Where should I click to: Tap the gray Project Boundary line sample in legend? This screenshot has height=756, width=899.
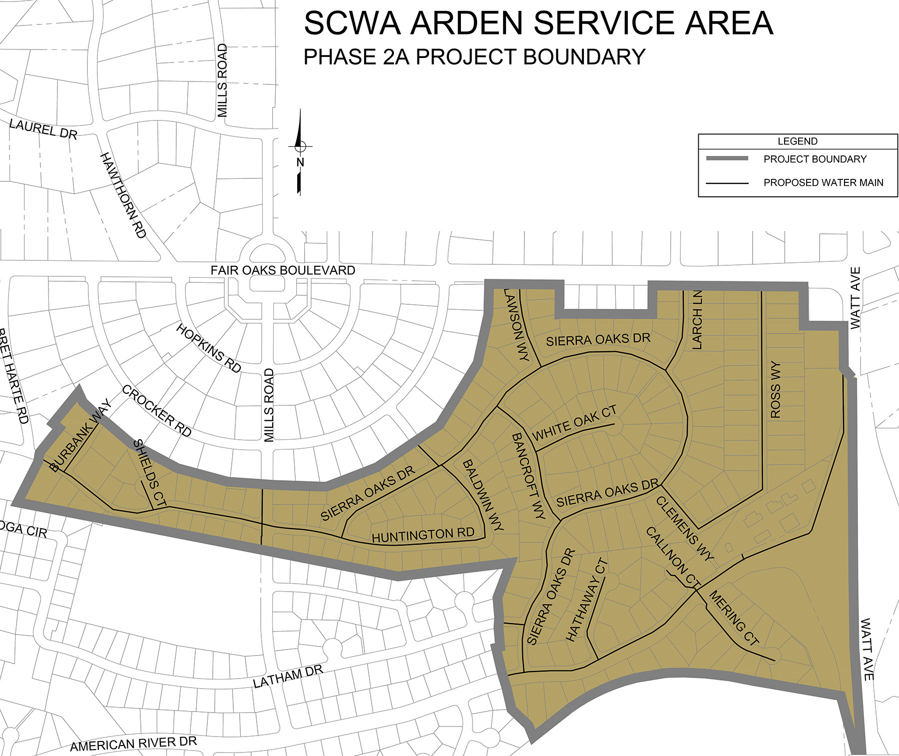click(727, 158)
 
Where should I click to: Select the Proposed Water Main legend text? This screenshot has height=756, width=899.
click(823, 182)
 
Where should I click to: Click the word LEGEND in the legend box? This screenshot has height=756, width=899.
click(797, 141)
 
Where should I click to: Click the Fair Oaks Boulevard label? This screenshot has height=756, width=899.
click(283, 270)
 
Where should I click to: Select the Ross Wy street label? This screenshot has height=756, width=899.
click(775, 390)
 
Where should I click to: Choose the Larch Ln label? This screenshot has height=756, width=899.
click(697, 320)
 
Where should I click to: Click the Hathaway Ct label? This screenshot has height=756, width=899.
click(586, 600)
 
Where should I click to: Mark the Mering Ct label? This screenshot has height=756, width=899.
click(734, 618)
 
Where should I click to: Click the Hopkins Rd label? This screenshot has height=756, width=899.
click(209, 348)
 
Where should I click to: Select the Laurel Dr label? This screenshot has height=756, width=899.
click(43, 129)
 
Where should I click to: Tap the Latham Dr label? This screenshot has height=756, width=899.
click(288, 677)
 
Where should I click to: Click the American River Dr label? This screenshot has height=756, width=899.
click(133, 744)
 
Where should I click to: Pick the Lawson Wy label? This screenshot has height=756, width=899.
click(516, 325)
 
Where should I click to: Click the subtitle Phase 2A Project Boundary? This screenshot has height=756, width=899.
click(474, 57)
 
